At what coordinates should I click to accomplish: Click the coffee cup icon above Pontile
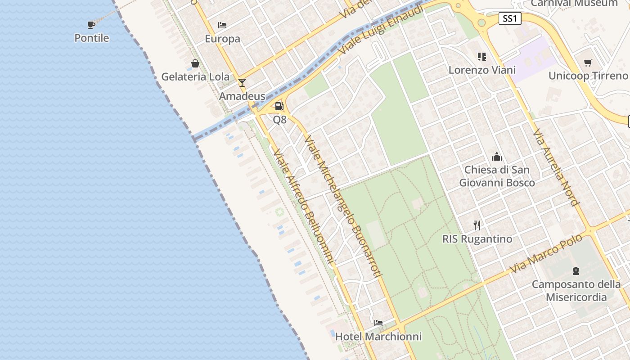[91, 24]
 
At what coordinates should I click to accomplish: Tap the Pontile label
[92, 38]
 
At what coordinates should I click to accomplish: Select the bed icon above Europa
[222, 25]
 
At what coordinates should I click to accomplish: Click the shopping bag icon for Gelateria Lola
[195, 63]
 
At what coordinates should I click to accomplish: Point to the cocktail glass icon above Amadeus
[242, 82]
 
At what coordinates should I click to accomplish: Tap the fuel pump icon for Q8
[279, 106]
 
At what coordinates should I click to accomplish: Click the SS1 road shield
[510, 18]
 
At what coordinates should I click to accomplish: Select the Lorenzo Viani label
[482, 70]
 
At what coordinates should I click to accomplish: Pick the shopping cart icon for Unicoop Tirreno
[588, 63]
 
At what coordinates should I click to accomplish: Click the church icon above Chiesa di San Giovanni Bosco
[497, 157]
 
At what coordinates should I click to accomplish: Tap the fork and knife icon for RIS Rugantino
[477, 225]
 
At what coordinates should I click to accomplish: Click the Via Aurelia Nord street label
[555, 167]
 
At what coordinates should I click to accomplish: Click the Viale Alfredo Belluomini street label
[304, 206]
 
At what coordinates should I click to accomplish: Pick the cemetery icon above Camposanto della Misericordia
[576, 271]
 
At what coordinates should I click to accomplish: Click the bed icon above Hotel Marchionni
[378, 323]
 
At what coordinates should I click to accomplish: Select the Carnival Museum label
[574, 4]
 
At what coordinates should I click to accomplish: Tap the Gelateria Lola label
[195, 76]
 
